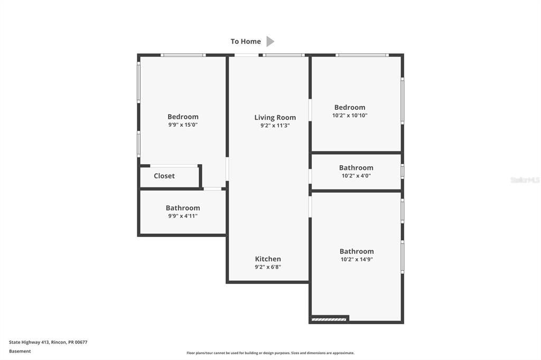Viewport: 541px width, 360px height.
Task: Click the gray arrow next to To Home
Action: coord(270,41)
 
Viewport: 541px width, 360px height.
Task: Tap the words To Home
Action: coord(246,41)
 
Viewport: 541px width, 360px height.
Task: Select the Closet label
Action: coord(164,176)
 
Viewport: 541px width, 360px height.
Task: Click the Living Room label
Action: coord(275,118)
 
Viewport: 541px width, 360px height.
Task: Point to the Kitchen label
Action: coord(268,259)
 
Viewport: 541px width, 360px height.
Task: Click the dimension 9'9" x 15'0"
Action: coord(183,125)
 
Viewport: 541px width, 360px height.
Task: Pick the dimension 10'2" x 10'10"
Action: coord(350,116)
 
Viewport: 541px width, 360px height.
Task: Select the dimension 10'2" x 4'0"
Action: coord(356,176)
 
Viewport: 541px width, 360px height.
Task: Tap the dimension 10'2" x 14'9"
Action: coord(357,260)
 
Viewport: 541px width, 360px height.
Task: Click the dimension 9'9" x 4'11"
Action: coord(183,216)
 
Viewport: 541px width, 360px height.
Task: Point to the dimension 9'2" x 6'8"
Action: coord(268,267)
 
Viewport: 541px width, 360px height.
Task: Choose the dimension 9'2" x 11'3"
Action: coord(275,126)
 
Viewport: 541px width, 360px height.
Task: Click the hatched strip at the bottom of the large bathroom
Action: coord(329,319)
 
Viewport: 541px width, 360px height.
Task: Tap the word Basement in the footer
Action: coord(20,351)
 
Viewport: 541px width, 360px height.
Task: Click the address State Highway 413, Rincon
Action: coord(48,342)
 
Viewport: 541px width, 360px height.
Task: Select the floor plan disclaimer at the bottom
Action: coord(270,353)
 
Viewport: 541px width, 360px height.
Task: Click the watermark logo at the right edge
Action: coord(525,180)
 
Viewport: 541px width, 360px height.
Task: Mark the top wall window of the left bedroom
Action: coord(183,55)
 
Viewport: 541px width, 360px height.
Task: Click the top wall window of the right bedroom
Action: coord(362,55)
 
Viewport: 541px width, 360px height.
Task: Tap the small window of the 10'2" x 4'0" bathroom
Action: coord(402,171)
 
